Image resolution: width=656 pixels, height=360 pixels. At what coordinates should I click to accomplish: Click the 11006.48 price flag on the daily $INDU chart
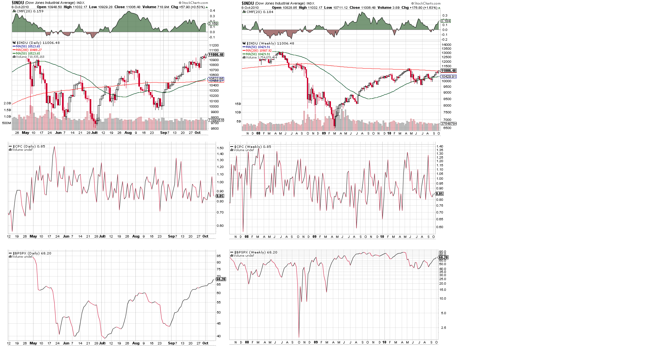tap(216, 55)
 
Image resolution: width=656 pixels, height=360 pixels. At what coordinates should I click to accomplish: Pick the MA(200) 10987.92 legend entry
tap(259, 51)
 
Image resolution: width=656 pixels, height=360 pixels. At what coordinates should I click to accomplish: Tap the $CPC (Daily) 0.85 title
tap(29, 146)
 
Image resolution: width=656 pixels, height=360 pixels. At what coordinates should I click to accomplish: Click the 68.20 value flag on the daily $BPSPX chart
tap(221, 279)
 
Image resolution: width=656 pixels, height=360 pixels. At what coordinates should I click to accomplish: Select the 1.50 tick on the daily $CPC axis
tap(220, 148)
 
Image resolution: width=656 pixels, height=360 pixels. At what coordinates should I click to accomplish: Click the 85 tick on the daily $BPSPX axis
tap(219, 256)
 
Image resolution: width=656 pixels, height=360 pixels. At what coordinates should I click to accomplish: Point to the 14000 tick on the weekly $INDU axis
tap(447, 45)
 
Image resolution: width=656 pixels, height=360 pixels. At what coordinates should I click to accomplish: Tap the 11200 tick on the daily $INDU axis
tap(214, 45)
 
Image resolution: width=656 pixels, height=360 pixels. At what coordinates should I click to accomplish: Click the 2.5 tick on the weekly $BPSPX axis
tap(443, 328)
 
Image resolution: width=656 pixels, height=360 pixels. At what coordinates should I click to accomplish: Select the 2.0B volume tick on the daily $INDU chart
tap(7, 103)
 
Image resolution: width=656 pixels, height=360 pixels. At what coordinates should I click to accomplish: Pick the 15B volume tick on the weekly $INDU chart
tap(238, 104)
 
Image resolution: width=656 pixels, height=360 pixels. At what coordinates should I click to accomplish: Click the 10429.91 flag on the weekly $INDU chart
tap(448, 77)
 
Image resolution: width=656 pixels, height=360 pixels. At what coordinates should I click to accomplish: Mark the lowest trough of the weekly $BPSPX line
tap(299, 337)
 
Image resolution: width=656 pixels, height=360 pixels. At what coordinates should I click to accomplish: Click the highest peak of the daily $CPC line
tap(54, 147)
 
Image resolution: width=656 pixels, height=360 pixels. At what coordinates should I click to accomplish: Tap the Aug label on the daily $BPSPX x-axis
tap(136, 343)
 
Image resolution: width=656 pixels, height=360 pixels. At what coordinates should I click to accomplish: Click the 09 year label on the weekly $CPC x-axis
tap(314, 237)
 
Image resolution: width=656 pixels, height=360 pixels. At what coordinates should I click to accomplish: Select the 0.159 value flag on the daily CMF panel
tap(213, 24)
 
